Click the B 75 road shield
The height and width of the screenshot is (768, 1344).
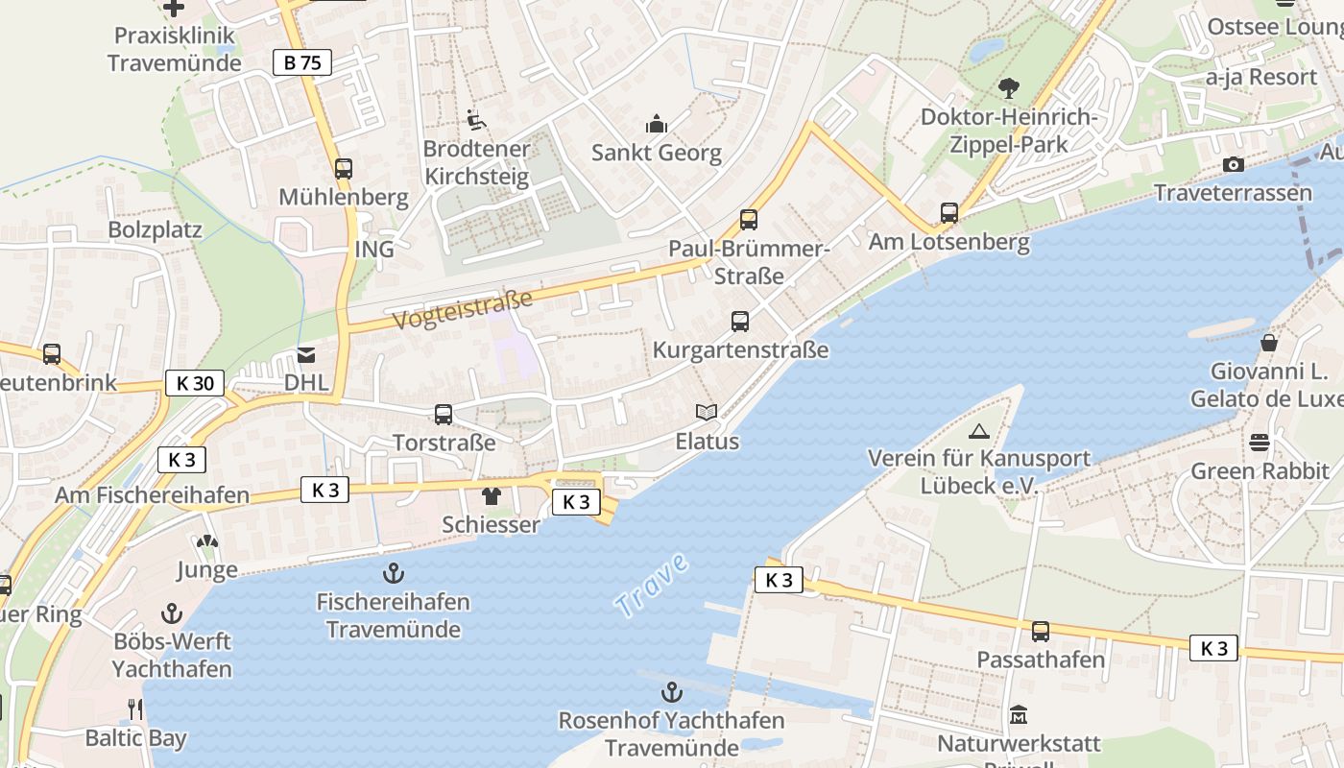tap(301, 63)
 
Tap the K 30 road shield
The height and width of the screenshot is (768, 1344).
tap(195, 383)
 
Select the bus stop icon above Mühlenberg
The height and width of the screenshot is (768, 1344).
tap(343, 169)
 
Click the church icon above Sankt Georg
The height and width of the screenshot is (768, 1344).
tap(657, 124)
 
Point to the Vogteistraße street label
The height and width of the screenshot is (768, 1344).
tap(463, 310)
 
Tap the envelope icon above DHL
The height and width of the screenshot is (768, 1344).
tap(306, 355)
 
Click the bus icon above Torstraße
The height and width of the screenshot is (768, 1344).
tap(444, 415)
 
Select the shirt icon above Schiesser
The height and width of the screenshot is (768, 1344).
tap(492, 496)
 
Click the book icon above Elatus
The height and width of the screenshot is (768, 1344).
tap(707, 413)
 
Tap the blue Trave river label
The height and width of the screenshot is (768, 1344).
tap(652, 586)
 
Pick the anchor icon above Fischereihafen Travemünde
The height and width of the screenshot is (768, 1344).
tap(393, 574)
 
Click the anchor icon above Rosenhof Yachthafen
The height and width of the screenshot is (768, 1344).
tap(672, 692)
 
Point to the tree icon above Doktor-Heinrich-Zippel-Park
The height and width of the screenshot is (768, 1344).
tap(1008, 88)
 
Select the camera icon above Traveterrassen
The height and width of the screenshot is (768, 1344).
tap(1234, 165)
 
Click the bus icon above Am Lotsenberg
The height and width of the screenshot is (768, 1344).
tap(948, 213)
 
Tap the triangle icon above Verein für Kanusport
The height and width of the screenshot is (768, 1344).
tap(978, 431)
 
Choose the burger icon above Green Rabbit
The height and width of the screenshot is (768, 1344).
tap(1260, 443)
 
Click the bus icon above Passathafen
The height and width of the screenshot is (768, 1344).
tap(1041, 632)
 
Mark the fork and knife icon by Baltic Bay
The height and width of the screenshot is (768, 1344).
tap(135, 709)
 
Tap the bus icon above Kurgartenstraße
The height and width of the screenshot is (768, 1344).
tap(739, 322)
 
